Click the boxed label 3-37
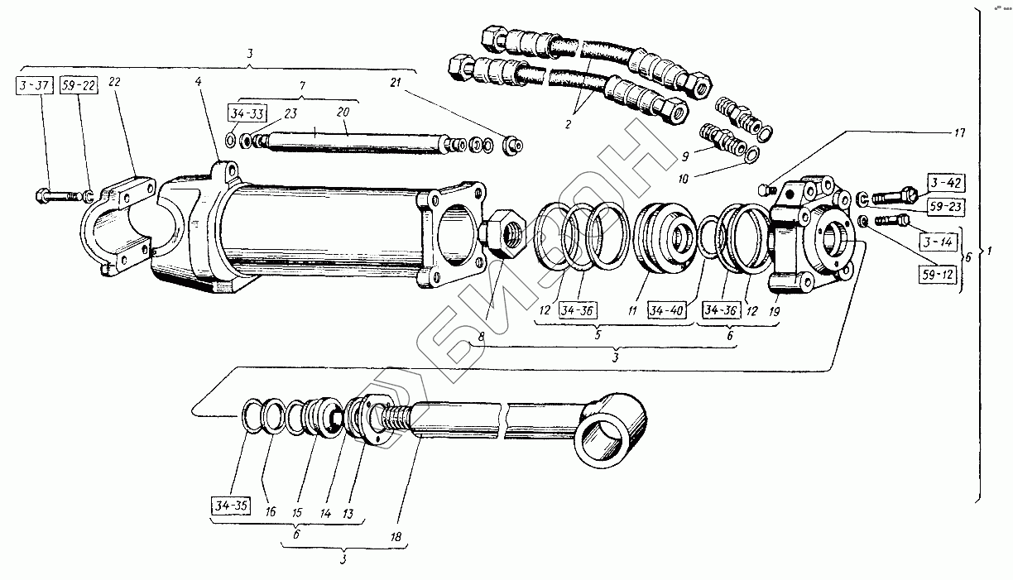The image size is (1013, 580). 35,86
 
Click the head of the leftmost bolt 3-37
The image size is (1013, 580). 41,196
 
